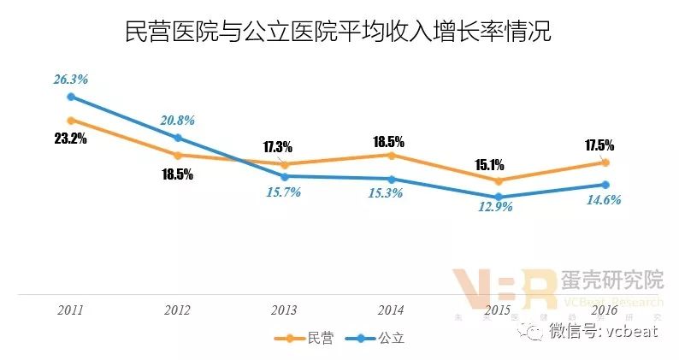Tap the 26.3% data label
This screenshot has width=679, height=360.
tap(71, 80)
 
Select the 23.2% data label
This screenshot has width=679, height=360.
tap(71, 139)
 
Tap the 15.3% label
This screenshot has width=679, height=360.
tap(391, 195)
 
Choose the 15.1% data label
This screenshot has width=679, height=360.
tap(498, 164)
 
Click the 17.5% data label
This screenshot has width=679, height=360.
tap(605, 145)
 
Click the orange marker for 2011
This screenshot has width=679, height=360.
tap(71, 121)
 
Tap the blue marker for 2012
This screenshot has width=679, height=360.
tap(178, 138)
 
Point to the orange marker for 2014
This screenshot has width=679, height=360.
tap(392, 156)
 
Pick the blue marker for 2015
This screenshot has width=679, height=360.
tap(499, 197)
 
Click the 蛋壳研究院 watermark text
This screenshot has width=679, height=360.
tap(611, 280)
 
